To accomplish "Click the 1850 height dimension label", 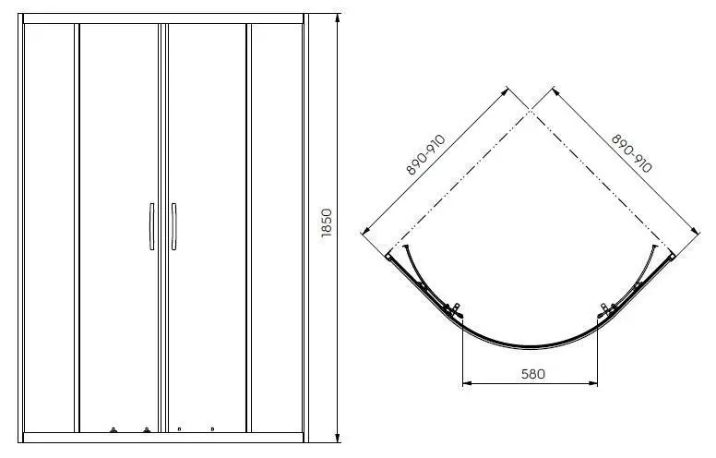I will [x=326, y=224].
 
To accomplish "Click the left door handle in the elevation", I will [x=150, y=226].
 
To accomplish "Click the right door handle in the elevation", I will [x=173, y=226].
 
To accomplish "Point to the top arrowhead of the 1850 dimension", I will [x=339, y=17].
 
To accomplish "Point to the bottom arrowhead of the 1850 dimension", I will [x=339, y=438].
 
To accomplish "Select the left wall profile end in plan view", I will [x=390, y=255].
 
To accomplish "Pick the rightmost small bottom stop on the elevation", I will [x=212, y=429].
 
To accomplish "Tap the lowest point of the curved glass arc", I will [x=530, y=345].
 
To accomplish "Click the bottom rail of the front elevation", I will [x=162, y=437].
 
